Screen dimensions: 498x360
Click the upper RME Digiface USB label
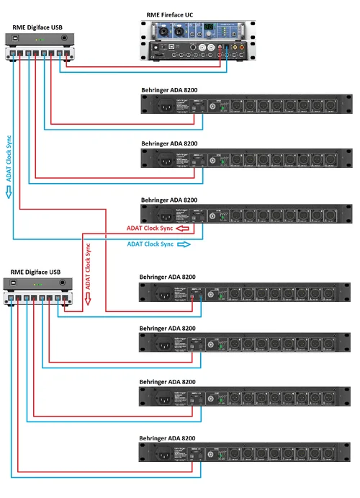tap(37, 27)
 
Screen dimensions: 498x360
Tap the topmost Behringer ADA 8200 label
tap(168, 89)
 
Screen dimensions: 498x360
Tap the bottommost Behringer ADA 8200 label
tap(168, 437)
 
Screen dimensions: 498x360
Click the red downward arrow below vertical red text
tap(89, 299)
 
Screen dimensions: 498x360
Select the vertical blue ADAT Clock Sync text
tap(9, 158)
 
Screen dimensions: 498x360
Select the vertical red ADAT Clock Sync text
tap(89, 265)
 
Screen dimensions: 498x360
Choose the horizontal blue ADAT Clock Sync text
tap(150, 244)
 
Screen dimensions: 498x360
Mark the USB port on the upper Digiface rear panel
tap(13, 53)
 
